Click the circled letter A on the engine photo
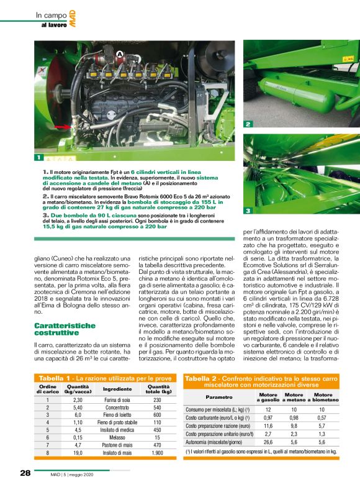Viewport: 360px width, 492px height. [119, 55]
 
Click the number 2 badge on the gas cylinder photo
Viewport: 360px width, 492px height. [248, 124]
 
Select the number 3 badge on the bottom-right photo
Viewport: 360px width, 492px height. [248, 211]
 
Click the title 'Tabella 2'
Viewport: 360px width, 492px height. [200, 378]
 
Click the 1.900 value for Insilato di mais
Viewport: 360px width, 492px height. [157, 453]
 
